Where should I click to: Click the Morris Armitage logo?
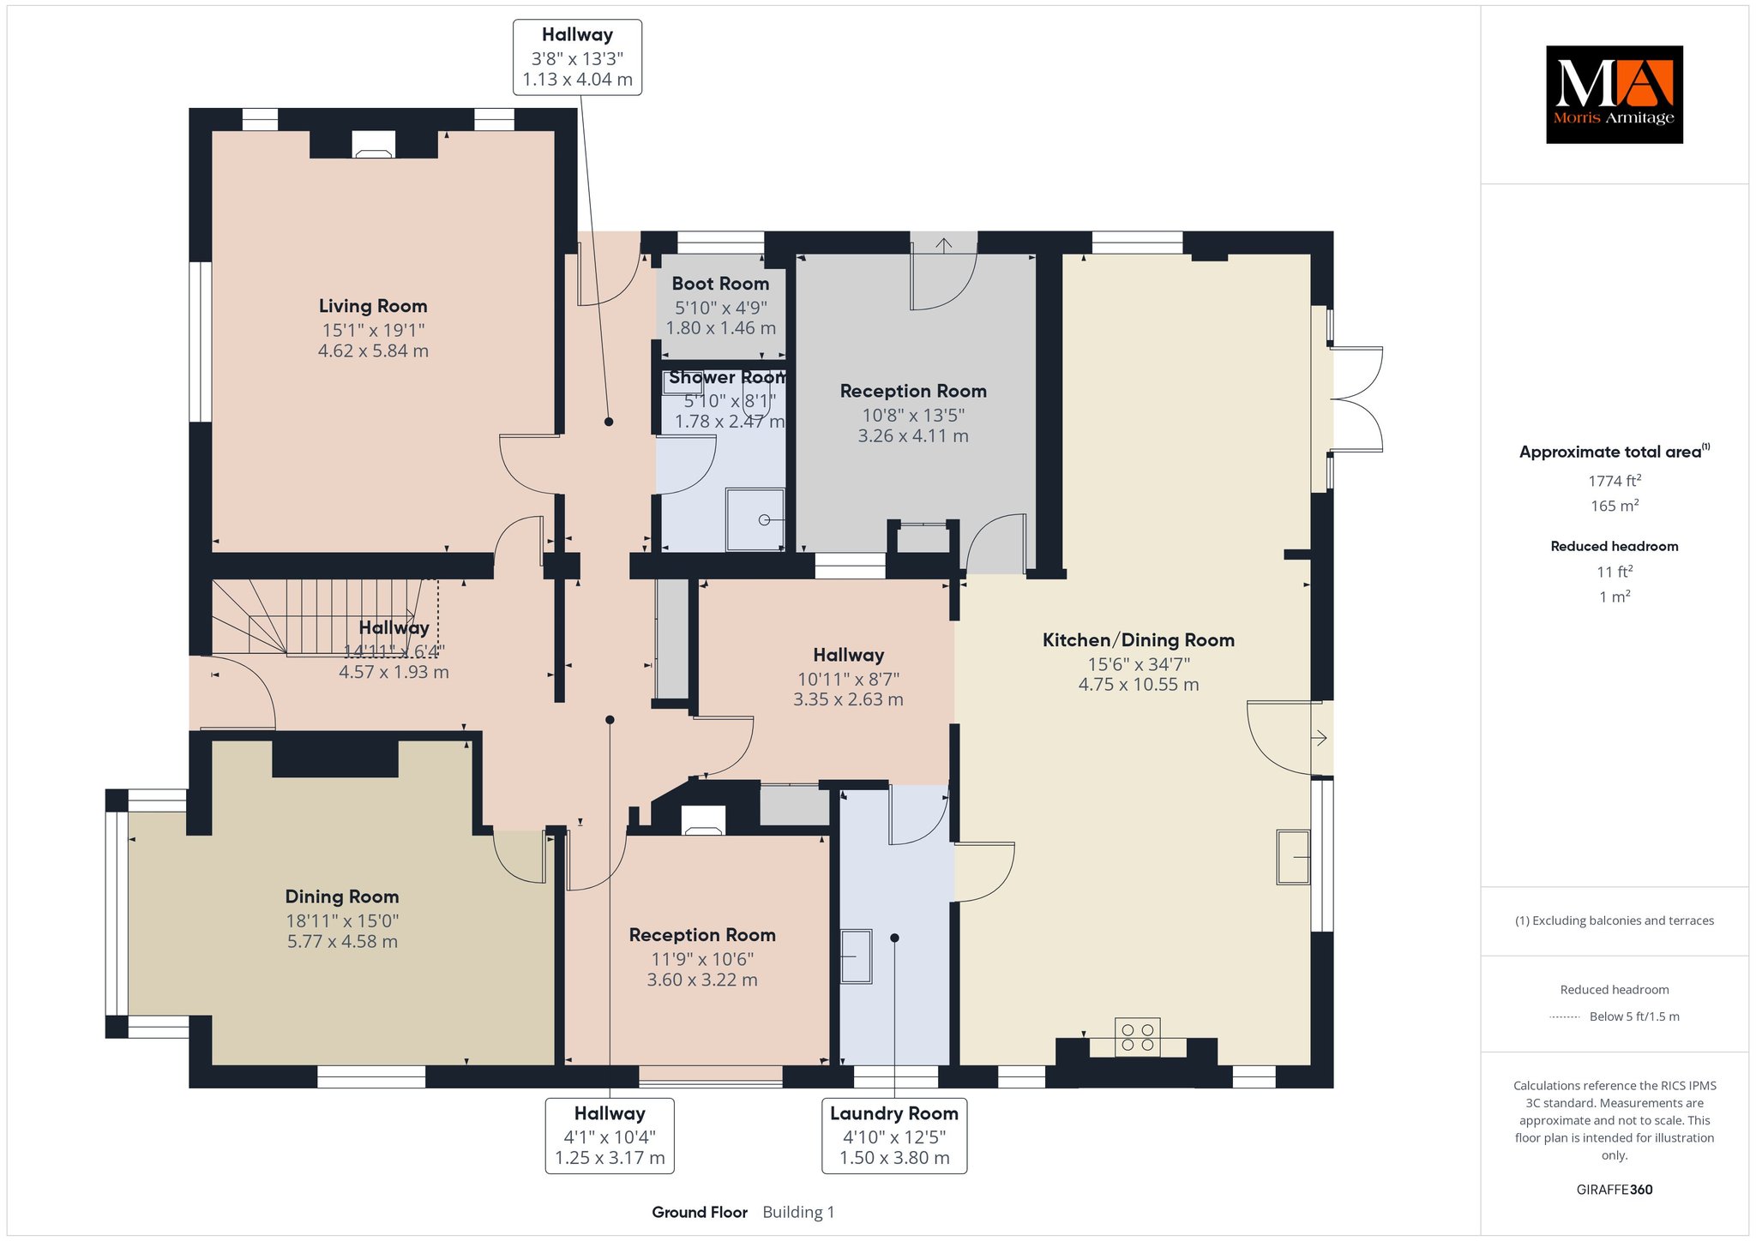(1614, 94)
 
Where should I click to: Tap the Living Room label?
(373, 306)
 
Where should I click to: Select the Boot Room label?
(720, 284)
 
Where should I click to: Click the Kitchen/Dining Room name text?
(1138, 640)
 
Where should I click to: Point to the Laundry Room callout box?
(894, 1136)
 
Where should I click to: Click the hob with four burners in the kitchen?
(1137, 1037)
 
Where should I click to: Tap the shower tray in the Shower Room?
(755, 519)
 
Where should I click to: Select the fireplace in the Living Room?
(374, 144)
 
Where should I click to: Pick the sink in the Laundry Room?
(856, 956)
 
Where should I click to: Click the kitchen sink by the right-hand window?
(1294, 856)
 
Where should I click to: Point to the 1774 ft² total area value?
(1615, 481)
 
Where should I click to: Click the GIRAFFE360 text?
(1615, 1190)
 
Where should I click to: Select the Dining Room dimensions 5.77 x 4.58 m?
(342, 941)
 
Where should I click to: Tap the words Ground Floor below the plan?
(700, 1212)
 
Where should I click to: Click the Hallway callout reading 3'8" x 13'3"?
(577, 57)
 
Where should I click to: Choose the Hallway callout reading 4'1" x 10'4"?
(610, 1136)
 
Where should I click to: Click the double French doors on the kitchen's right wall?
(1355, 399)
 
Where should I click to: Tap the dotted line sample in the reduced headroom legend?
(1565, 1017)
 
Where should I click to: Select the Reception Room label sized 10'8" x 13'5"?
(913, 392)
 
